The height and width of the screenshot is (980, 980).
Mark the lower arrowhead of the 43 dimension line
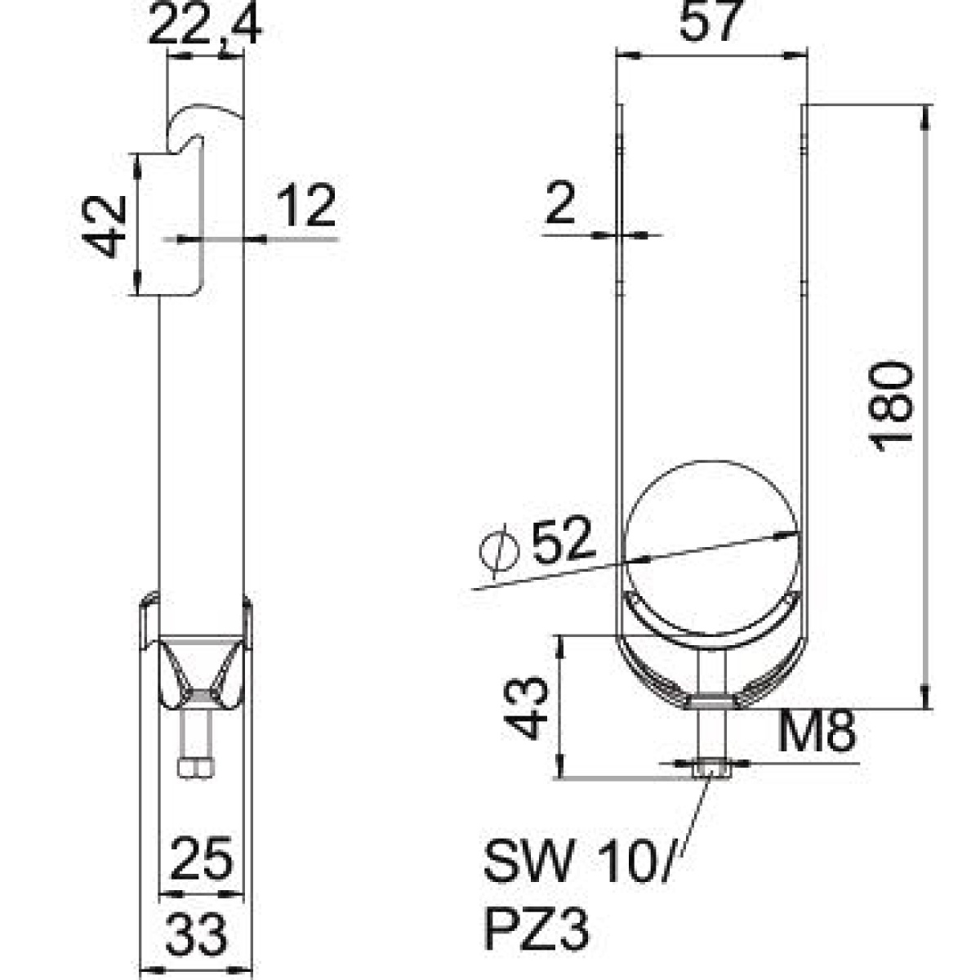(560, 766)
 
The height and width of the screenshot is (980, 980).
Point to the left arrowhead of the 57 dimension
(627, 57)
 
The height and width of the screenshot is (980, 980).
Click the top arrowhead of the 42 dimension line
(136, 164)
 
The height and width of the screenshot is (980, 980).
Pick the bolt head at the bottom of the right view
(711, 768)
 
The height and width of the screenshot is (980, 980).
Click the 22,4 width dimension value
(205, 24)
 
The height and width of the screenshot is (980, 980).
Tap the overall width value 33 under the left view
(196, 935)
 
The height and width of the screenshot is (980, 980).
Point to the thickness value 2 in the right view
(560, 203)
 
